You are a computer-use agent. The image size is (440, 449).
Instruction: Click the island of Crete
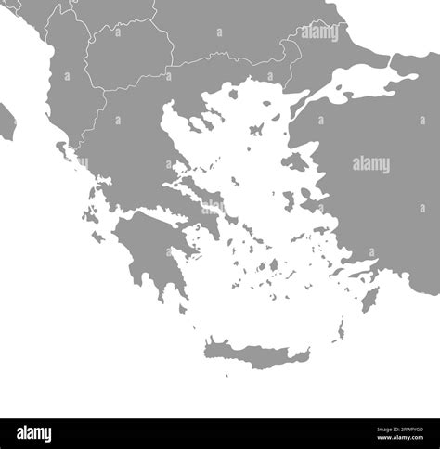[255, 353]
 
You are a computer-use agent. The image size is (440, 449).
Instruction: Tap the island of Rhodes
[369, 300]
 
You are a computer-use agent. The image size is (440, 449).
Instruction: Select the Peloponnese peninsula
[149, 250]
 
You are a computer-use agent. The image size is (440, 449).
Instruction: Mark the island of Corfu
[61, 149]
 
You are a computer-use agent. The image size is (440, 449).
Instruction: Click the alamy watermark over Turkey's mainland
[371, 164]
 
